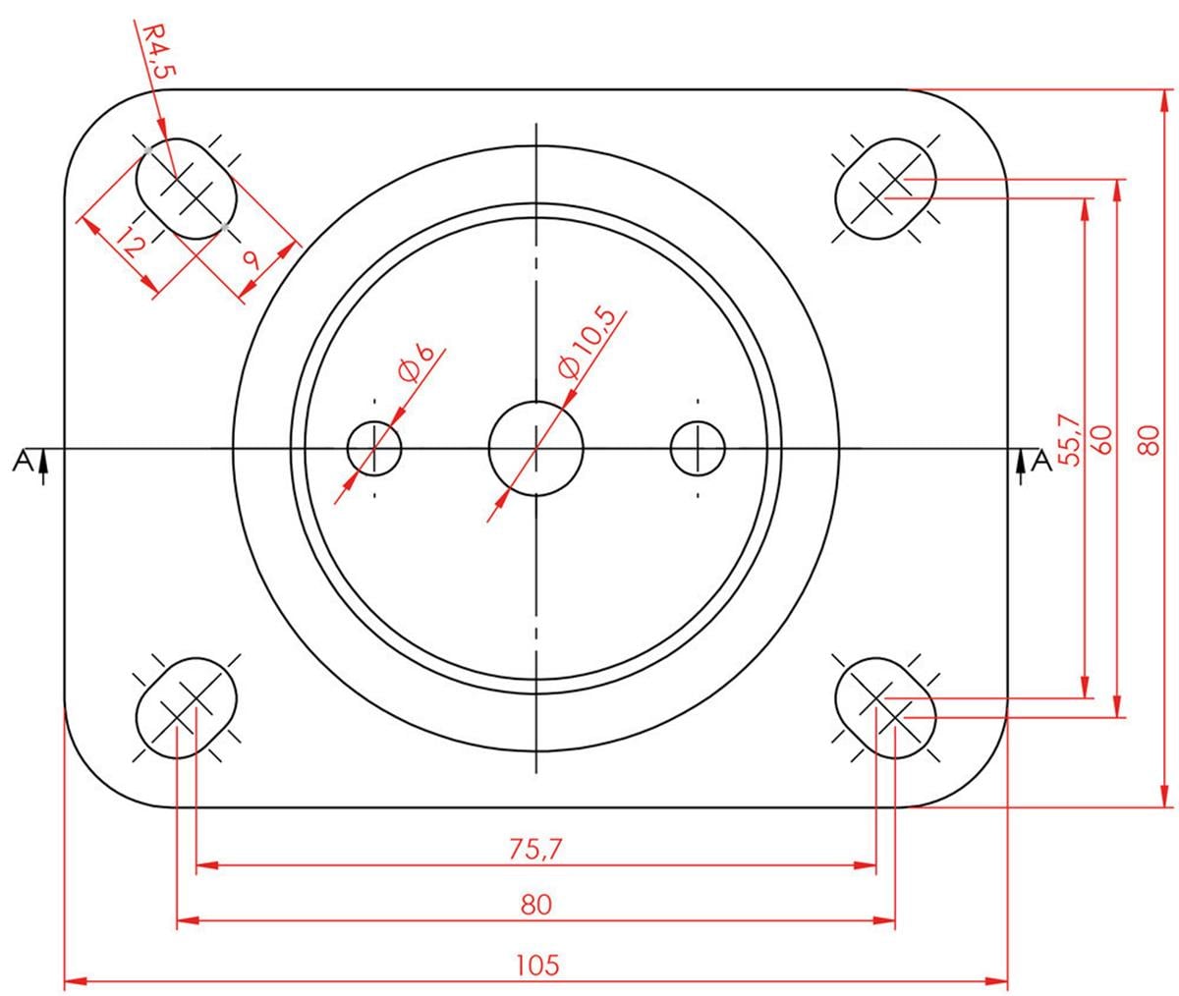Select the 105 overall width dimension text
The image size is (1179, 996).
point(536,964)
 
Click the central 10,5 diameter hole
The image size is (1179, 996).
point(536,449)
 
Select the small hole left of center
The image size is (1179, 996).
point(375,449)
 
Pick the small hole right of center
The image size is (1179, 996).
point(698,449)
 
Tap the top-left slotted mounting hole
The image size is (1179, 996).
point(187,187)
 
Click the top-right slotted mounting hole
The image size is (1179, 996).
point(885,187)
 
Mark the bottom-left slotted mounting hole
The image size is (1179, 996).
point(187,705)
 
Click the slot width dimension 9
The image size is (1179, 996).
point(250,261)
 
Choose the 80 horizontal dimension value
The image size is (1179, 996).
point(536,904)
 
